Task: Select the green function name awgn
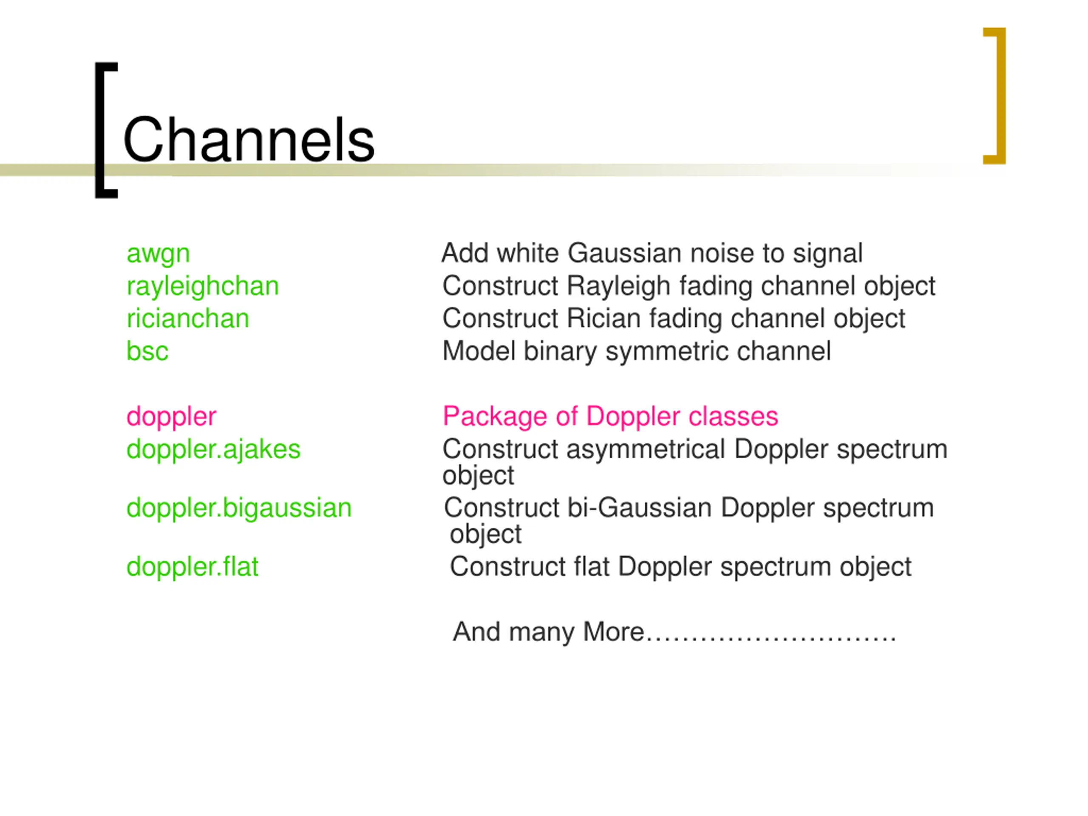tap(158, 254)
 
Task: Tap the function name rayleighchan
tap(203, 286)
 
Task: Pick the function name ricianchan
tap(188, 319)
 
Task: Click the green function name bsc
tap(147, 351)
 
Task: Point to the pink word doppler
tap(171, 416)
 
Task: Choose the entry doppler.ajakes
tap(213, 450)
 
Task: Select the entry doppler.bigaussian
tap(239, 508)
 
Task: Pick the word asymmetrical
tap(645, 450)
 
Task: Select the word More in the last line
tap(613, 632)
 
